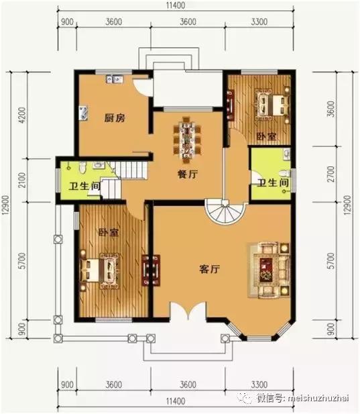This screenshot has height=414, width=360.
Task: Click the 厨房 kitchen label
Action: tap(115, 119)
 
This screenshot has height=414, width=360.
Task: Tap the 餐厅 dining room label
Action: tap(177, 172)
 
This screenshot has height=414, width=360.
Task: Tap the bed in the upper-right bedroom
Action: tap(272, 105)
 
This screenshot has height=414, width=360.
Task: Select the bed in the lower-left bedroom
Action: tap(101, 269)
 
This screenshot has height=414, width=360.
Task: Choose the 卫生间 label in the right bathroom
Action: tap(272, 182)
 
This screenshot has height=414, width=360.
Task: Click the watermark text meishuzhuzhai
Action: tap(314, 399)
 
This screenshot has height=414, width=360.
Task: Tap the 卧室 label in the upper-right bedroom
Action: tap(266, 136)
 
